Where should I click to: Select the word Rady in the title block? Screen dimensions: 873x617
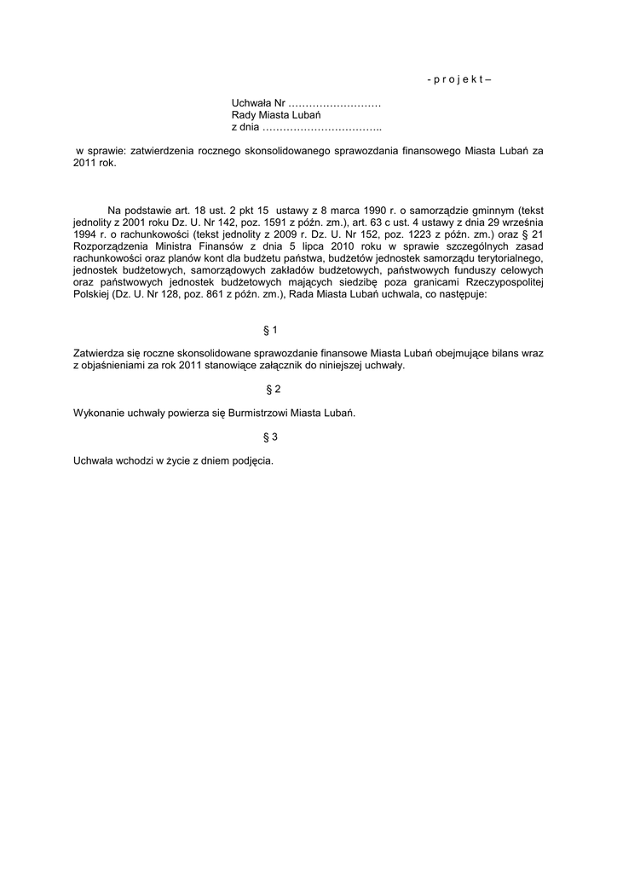(x=243, y=115)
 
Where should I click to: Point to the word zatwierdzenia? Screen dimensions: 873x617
(x=158, y=150)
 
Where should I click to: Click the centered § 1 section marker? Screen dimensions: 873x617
(x=271, y=329)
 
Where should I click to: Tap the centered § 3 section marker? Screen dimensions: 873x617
(x=271, y=437)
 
